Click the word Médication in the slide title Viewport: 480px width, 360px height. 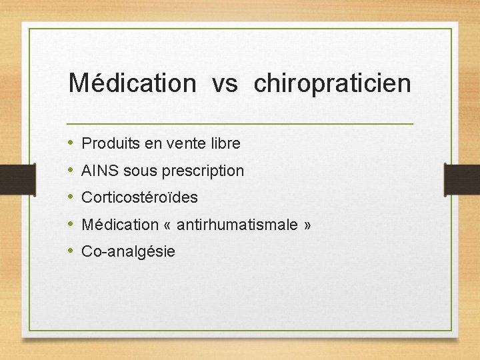coord(132,83)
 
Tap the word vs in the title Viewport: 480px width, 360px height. coord(225,84)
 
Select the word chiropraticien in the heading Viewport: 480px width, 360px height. coord(333,84)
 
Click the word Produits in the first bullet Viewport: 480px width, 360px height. coord(107,143)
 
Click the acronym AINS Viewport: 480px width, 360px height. coord(97,171)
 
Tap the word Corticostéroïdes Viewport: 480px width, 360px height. coord(139,198)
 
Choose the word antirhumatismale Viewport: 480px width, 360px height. coord(237,225)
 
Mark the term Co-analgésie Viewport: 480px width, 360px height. coord(128,251)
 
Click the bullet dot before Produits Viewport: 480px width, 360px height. coord(71,143)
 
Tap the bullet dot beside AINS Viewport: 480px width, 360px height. coord(71,171)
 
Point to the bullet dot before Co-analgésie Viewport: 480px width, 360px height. coord(71,251)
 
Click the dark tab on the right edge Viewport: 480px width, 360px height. coord(462,179)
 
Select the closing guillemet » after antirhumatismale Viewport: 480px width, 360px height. coord(307,225)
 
